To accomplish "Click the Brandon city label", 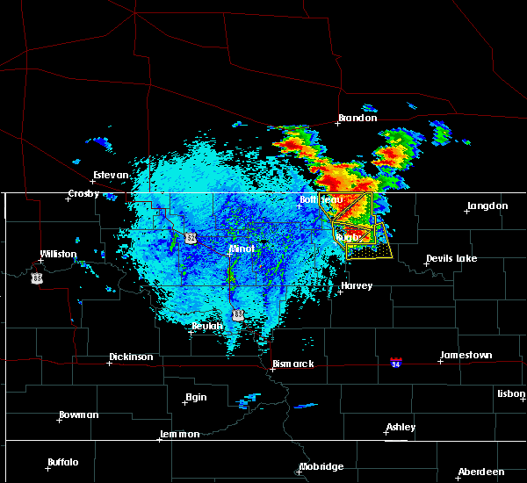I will pos(357,118).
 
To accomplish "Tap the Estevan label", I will pos(111,175).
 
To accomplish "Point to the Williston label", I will pos(58,254).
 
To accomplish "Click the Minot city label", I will pos(242,249).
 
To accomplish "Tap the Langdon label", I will pos(487,205).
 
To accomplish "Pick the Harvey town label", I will pos(357,285).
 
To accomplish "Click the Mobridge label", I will pos(321,466).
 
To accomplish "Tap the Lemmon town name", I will pos(180,434).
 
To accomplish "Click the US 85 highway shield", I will pos(36,278).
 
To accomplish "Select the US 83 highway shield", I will pos(238,314).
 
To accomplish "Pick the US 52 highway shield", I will pos(191,238).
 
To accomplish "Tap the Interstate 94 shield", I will pos(396,361).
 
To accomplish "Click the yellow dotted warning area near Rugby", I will pos(369,251).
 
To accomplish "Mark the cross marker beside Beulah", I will pos(193,331).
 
